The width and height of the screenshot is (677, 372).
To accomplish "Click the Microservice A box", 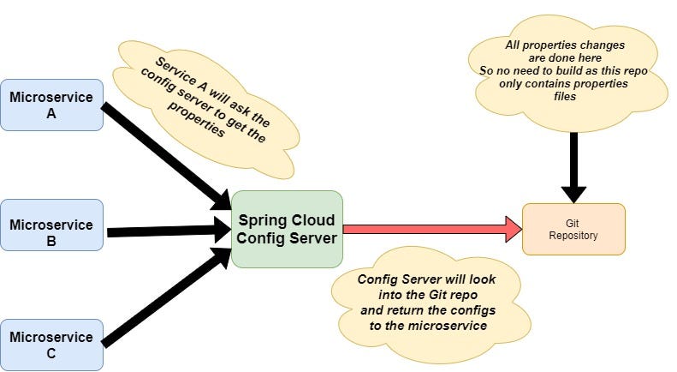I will pos(51,105).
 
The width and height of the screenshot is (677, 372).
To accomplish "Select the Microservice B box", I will pos(51,225).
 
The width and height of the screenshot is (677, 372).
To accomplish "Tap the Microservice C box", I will pos(51,345).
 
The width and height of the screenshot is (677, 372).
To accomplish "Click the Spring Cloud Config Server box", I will pos(287,229).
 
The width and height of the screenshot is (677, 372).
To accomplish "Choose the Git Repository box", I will pos(573,229).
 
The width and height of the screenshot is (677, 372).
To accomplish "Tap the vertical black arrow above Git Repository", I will pos(573,167).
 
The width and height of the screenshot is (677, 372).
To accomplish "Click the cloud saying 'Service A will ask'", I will pos(210,99).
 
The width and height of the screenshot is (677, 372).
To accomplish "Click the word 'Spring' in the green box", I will pos(261,220).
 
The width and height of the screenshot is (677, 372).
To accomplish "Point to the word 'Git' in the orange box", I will pos(573,222).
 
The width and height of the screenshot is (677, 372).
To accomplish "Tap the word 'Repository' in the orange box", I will pos(573,235).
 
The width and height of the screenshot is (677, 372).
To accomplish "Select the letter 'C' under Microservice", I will pos(51,352).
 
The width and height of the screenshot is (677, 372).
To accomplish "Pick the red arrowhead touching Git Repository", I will pos(514,229).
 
